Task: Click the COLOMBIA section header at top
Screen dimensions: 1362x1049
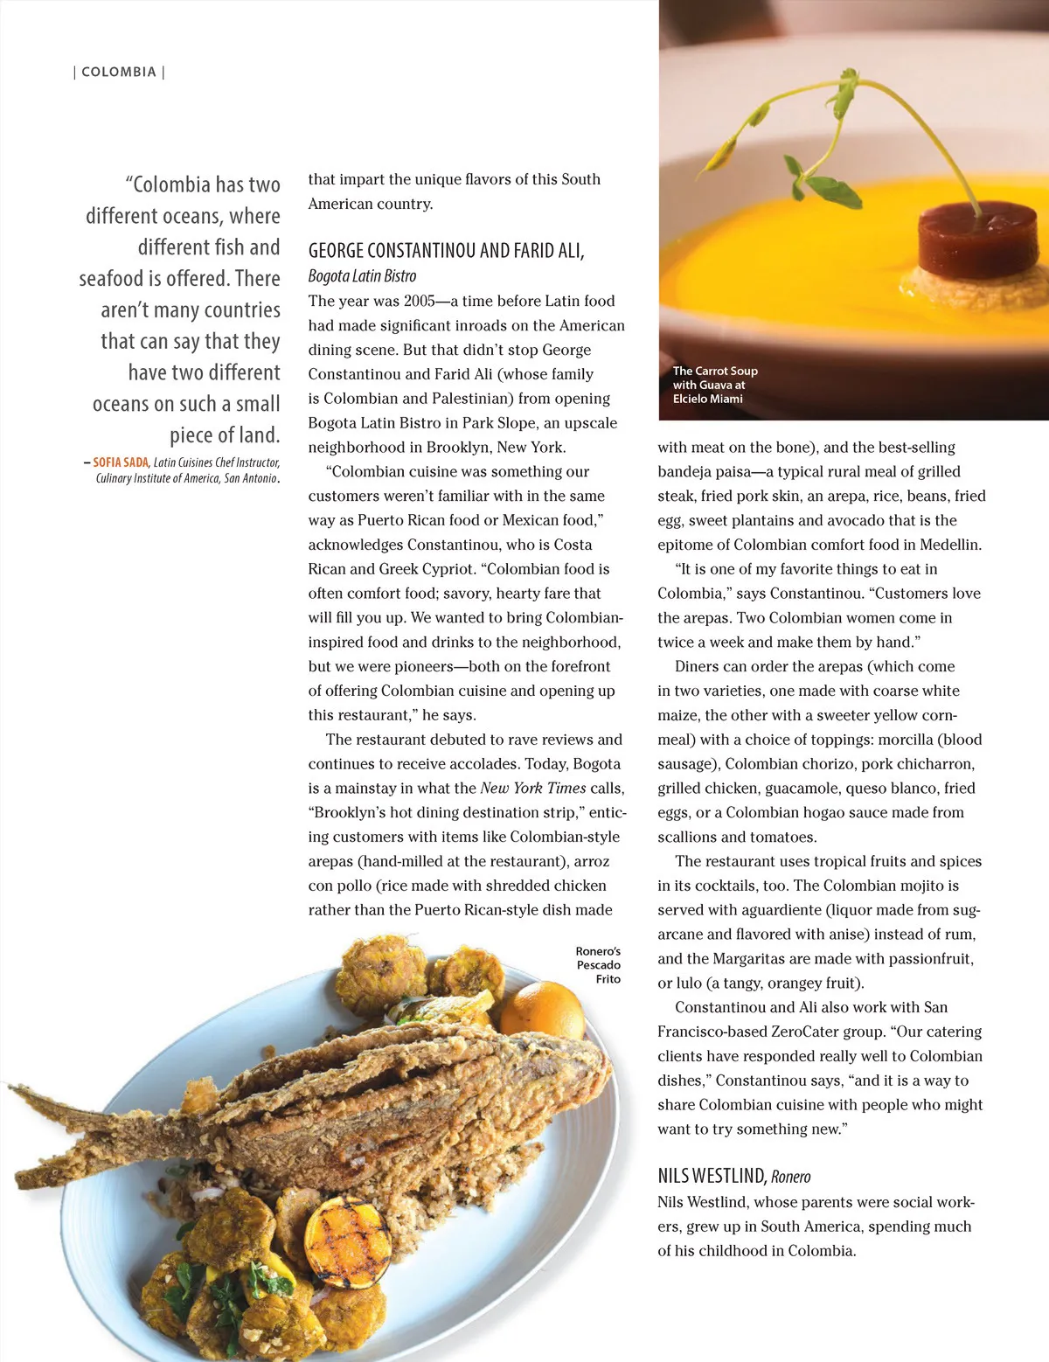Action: click(119, 73)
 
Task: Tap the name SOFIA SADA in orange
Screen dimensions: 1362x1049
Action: click(121, 462)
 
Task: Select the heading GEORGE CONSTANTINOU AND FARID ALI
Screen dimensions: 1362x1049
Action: click(446, 251)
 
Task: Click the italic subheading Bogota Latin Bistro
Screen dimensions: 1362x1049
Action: click(362, 276)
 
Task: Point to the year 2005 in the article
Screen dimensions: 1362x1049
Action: click(419, 301)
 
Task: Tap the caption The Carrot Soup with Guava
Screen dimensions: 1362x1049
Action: click(714, 385)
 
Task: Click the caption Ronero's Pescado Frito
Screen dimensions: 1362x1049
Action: click(599, 965)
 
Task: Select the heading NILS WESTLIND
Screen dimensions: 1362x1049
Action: click(712, 1176)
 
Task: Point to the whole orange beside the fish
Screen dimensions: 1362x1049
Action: click(543, 1011)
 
